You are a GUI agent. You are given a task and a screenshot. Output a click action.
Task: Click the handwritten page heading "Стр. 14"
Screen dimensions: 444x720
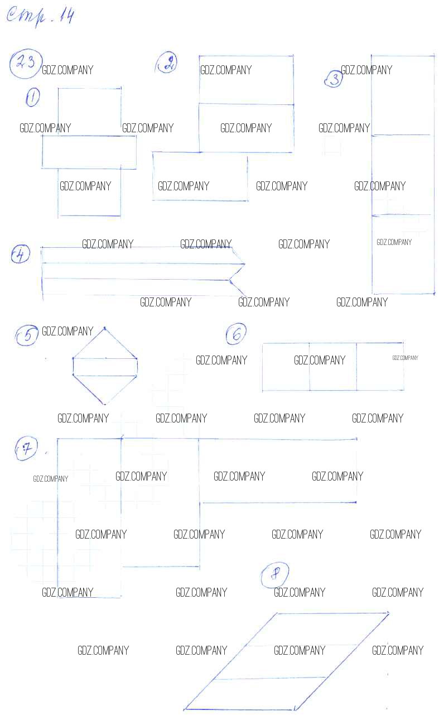coord(40,17)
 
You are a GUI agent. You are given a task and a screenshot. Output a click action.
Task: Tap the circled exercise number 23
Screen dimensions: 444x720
coord(26,64)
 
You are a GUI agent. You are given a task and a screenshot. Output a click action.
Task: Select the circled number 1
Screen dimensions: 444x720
coord(32,97)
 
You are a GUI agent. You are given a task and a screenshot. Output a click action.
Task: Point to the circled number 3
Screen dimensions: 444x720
coord(334,79)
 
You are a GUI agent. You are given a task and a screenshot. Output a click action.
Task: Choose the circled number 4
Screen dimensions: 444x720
coord(21,255)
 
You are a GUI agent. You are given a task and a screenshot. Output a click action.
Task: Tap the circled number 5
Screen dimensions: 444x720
coord(27,335)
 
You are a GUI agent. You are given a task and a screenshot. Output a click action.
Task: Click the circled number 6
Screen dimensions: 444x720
coord(236,334)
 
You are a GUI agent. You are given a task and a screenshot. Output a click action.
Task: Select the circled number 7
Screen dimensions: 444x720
coord(26,448)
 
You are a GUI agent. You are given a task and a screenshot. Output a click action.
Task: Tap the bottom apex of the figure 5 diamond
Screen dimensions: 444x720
coord(104,404)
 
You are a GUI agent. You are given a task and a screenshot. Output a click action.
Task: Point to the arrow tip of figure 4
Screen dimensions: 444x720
coord(245,264)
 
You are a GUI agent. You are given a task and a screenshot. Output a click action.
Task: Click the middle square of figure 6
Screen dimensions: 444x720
coord(333,367)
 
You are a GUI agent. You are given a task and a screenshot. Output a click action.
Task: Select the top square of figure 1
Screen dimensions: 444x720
coord(90,112)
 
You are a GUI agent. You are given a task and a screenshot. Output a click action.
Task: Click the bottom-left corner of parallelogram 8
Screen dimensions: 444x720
coord(185,709)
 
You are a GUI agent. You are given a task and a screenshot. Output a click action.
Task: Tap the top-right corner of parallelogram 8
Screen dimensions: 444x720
coord(388,614)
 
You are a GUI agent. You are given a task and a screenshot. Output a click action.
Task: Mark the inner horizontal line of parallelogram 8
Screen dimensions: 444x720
coord(270,678)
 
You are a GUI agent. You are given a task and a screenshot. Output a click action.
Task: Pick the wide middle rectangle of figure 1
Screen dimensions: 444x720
coord(89,152)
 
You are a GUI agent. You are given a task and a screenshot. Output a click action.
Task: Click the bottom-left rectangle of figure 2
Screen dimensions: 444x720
coord(200,176)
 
